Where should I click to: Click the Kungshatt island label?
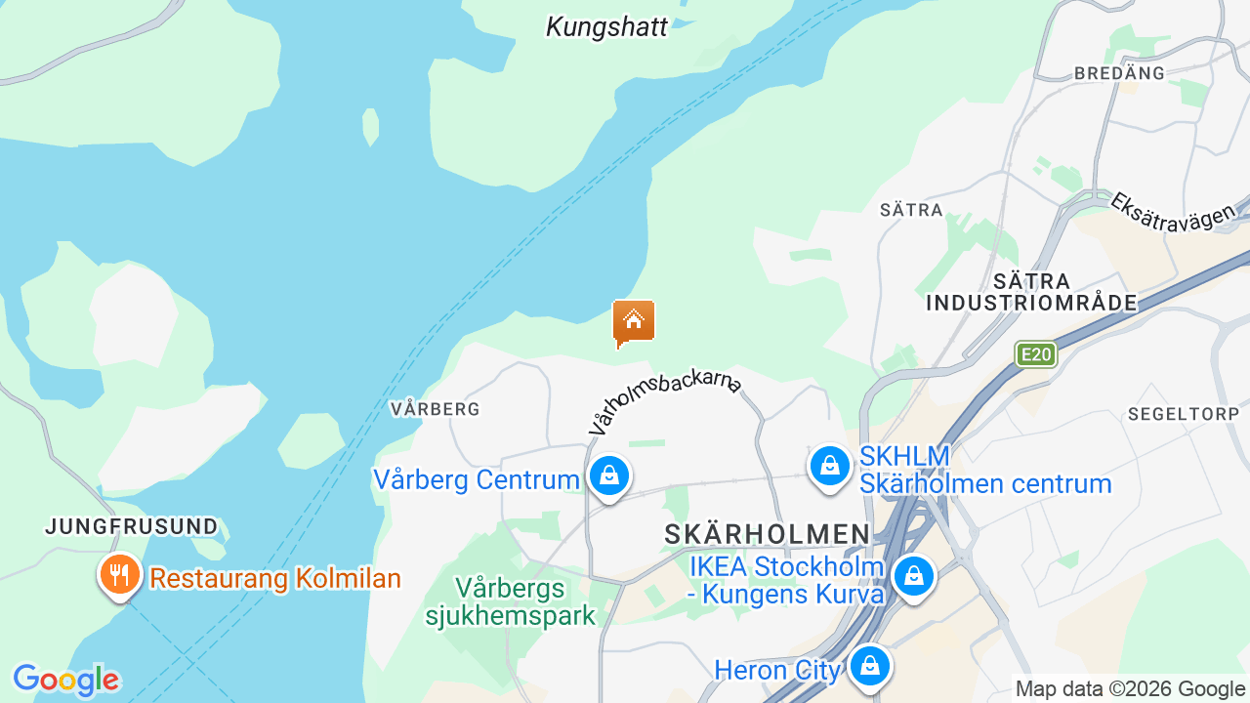pos(606,26)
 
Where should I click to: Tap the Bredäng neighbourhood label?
pos(1119,73)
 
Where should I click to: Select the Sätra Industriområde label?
pos(1031,292)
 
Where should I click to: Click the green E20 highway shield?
pos(1035,353)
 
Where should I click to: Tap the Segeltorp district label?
pos(1184,414)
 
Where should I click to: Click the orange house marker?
pos(633,321)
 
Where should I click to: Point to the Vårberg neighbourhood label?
pos(436,409)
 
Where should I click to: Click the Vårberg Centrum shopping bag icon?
pos(609,476)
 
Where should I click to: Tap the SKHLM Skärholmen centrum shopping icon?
pos(829,466)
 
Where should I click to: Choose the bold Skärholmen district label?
pos(767,534)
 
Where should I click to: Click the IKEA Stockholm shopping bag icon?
pos(913,576)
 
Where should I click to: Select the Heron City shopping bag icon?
pos(867,668)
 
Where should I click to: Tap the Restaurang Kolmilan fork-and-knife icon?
pos(120,574)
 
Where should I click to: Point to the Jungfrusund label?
pos(132,527)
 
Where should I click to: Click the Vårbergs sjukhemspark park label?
pos(511,602)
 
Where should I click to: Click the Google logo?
pos(65,680)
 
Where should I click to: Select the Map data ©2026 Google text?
pos(1130,689)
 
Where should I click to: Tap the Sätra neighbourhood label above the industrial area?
pos(911,210)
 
